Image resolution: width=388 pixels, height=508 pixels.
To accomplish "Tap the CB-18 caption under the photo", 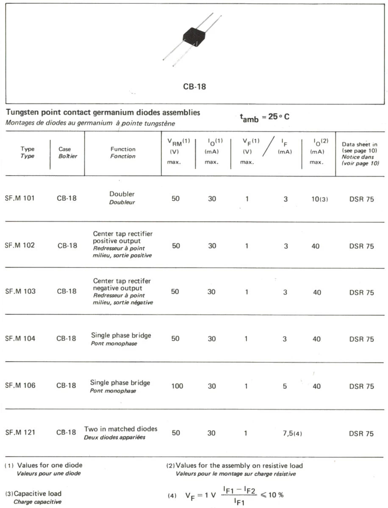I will point(194,86).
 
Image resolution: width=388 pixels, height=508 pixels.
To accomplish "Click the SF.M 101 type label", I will point(19,199).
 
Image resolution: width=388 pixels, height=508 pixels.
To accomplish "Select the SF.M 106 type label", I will point(19,386).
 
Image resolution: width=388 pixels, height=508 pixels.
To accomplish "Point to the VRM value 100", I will point(177,386).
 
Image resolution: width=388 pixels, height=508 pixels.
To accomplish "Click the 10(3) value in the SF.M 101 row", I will point(319,199).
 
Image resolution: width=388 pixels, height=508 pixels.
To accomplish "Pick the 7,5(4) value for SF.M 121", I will point(292,433).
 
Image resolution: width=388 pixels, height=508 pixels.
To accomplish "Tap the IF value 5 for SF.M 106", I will point(285,386).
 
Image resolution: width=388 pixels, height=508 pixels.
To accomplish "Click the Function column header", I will point(123,152).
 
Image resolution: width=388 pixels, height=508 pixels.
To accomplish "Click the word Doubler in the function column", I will point(122,194).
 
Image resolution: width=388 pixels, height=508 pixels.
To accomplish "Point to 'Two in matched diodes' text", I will point(121,429).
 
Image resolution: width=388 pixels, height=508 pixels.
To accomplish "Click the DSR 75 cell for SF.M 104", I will point(361,339).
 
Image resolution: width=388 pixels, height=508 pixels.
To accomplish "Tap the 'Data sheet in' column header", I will point(360,144).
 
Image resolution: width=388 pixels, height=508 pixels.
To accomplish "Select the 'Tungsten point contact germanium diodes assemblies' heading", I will point(103,113).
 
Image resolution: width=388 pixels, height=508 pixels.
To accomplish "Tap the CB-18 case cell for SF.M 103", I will point(67,292).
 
